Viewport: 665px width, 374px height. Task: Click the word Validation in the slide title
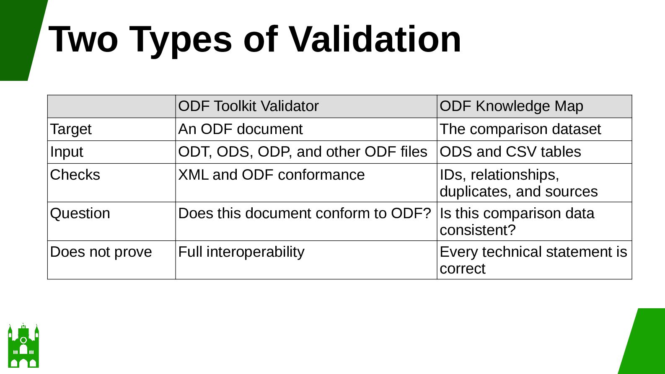coord(375,39)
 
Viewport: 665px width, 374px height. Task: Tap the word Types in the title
coord(181,41)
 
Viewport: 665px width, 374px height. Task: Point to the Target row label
coord(71,129)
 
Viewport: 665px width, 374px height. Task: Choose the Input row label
coord(67,152)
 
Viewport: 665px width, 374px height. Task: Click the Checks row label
coord(75,175)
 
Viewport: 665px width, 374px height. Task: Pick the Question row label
coord(80,213)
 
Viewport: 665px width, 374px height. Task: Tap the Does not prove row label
coord(101,252)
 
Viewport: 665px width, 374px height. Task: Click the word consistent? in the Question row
coord(477,230)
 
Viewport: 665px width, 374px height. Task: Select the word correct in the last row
coord(462,268)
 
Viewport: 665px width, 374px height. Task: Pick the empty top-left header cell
coord(111,106)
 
